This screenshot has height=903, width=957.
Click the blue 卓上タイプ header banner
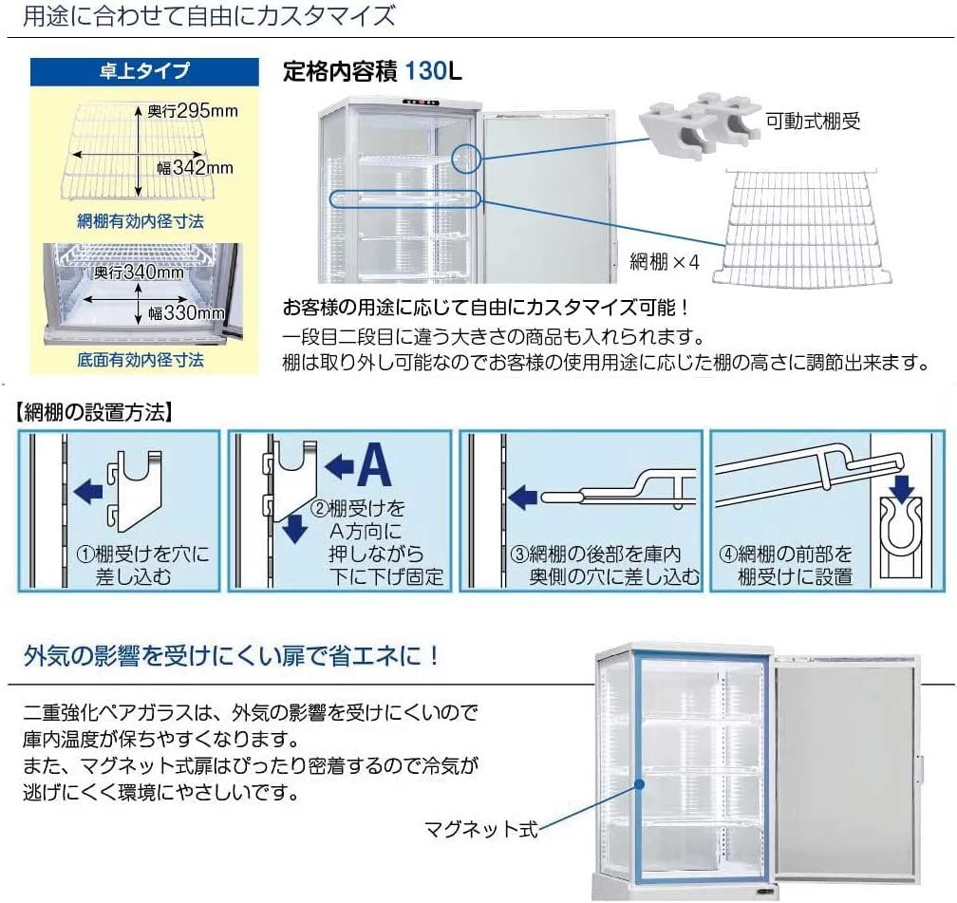(143, 70)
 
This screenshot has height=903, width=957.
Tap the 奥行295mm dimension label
(192, 111)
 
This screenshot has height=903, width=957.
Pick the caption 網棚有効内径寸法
(141, 221)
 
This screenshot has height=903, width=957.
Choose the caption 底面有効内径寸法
(141, 360)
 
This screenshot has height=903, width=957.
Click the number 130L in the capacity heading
(433, 71)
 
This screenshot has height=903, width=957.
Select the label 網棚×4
(664, 262)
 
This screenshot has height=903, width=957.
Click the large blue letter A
(374, 464)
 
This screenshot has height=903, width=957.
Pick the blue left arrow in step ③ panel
(524, 495)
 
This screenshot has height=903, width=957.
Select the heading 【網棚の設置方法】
(92, 412)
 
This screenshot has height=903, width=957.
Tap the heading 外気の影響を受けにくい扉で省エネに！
(231, 656)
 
